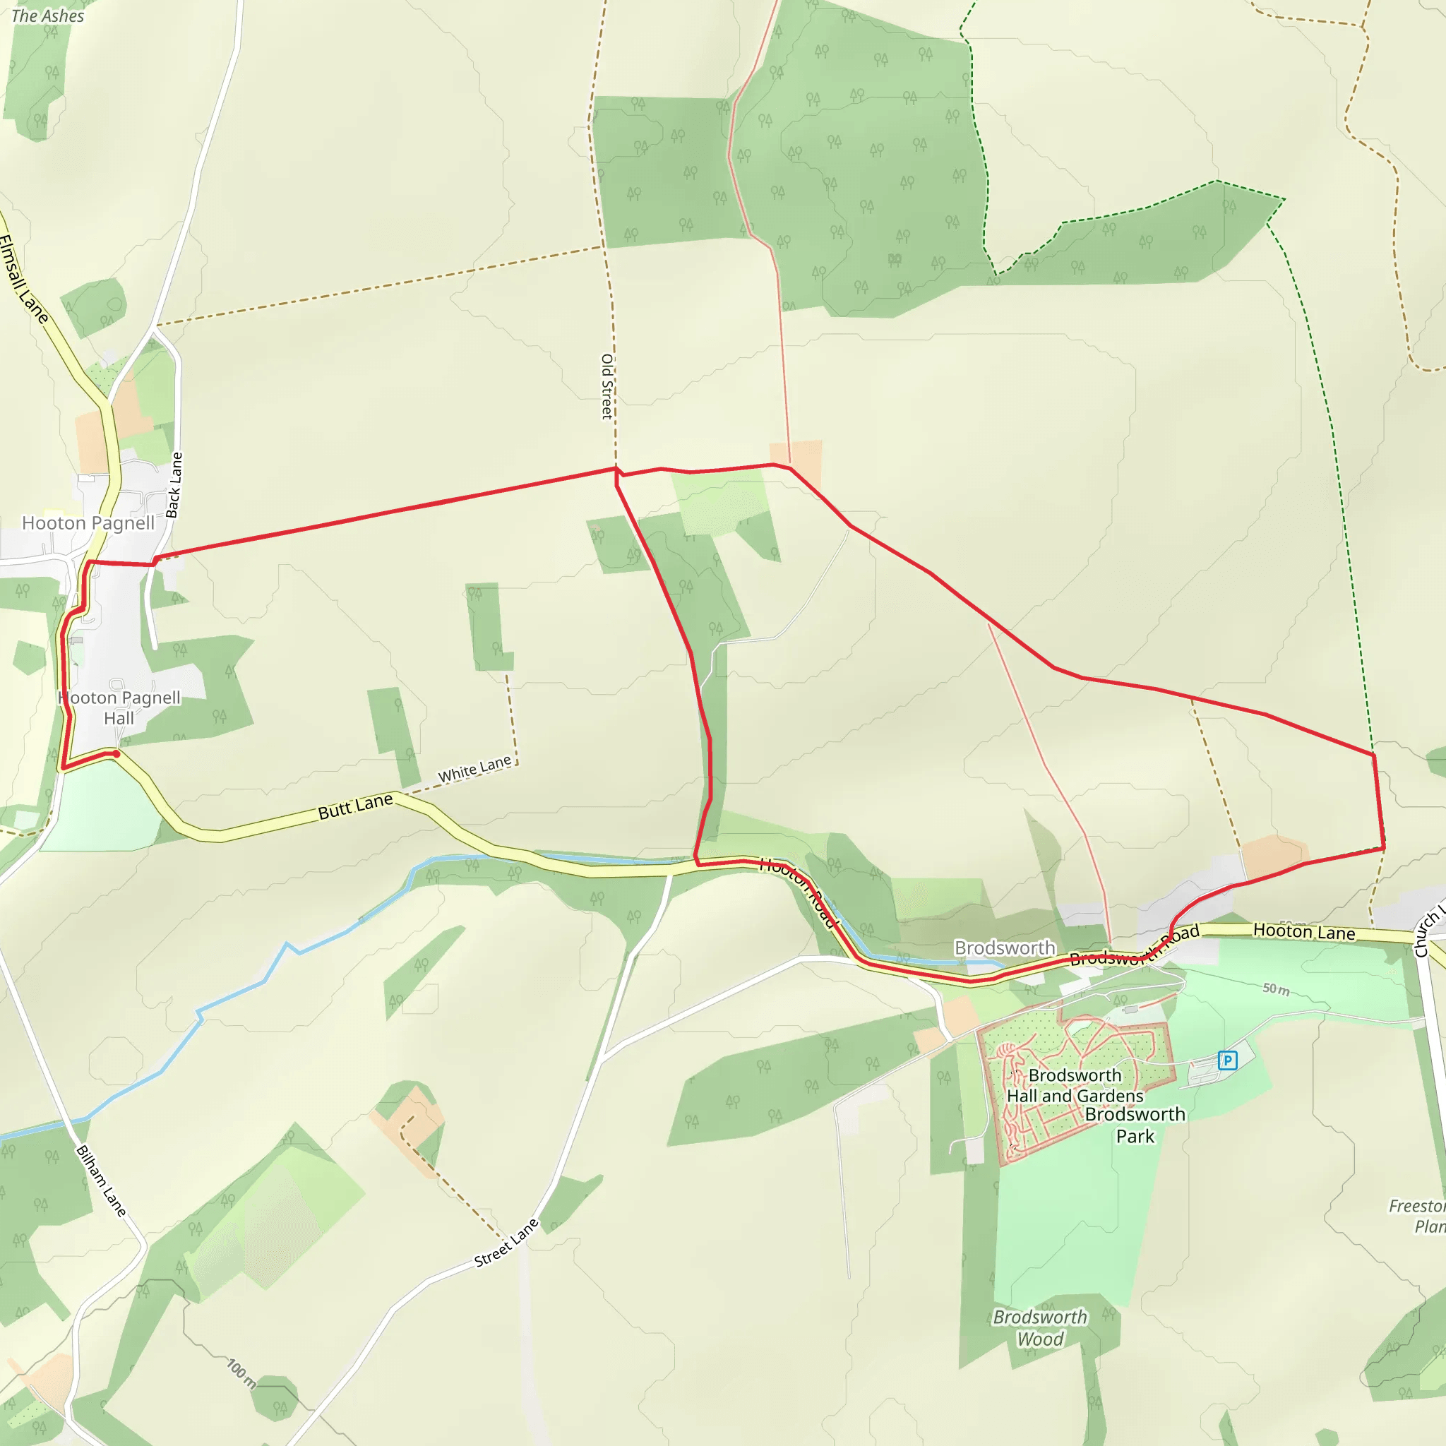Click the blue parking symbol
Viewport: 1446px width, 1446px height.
[1226, 1060]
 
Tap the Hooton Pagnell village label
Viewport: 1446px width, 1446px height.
[88, 523]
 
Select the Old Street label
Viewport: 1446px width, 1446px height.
[607, 386]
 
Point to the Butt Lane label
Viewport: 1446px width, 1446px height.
[356, 807]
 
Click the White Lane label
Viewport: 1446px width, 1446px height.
[474, 770]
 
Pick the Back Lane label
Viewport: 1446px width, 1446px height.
[174, 485]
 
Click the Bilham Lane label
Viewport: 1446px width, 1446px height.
[101, 1181]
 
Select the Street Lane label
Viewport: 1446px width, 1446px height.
[507, 1243]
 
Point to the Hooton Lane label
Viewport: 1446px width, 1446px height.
[1304, 932]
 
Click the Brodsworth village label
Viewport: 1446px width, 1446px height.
[1005, 948]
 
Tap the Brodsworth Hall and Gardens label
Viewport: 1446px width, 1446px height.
[1075, 1085]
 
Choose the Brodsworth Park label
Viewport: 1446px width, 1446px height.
[1135, 1125]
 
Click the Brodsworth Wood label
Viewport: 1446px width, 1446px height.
[1039, 1328]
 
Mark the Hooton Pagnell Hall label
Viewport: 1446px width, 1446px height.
[120, 708]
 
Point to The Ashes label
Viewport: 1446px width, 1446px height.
[48, 16]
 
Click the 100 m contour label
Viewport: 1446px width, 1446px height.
[241, 1373]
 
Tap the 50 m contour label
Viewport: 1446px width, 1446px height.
[1276, 988]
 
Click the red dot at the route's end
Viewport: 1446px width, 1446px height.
[116, 753]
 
